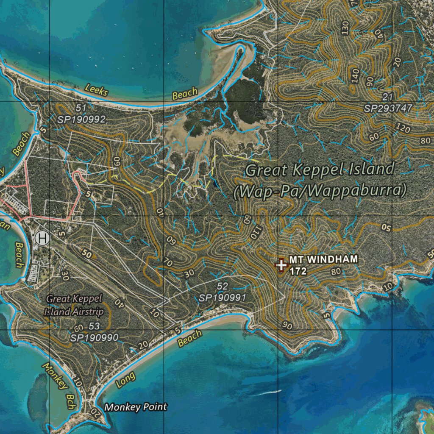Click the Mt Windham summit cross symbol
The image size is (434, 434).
281,264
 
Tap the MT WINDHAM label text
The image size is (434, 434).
323,259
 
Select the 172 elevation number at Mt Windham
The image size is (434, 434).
298,271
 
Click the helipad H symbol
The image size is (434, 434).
42,238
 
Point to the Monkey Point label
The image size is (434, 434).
136,407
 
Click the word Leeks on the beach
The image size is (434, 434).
97,90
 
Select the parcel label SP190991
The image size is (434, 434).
223,298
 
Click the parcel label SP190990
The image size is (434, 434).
95,337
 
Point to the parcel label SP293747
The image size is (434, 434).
388,108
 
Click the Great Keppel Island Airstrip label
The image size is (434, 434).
75,305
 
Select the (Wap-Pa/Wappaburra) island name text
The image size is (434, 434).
320,191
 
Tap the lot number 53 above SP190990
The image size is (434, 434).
94,326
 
